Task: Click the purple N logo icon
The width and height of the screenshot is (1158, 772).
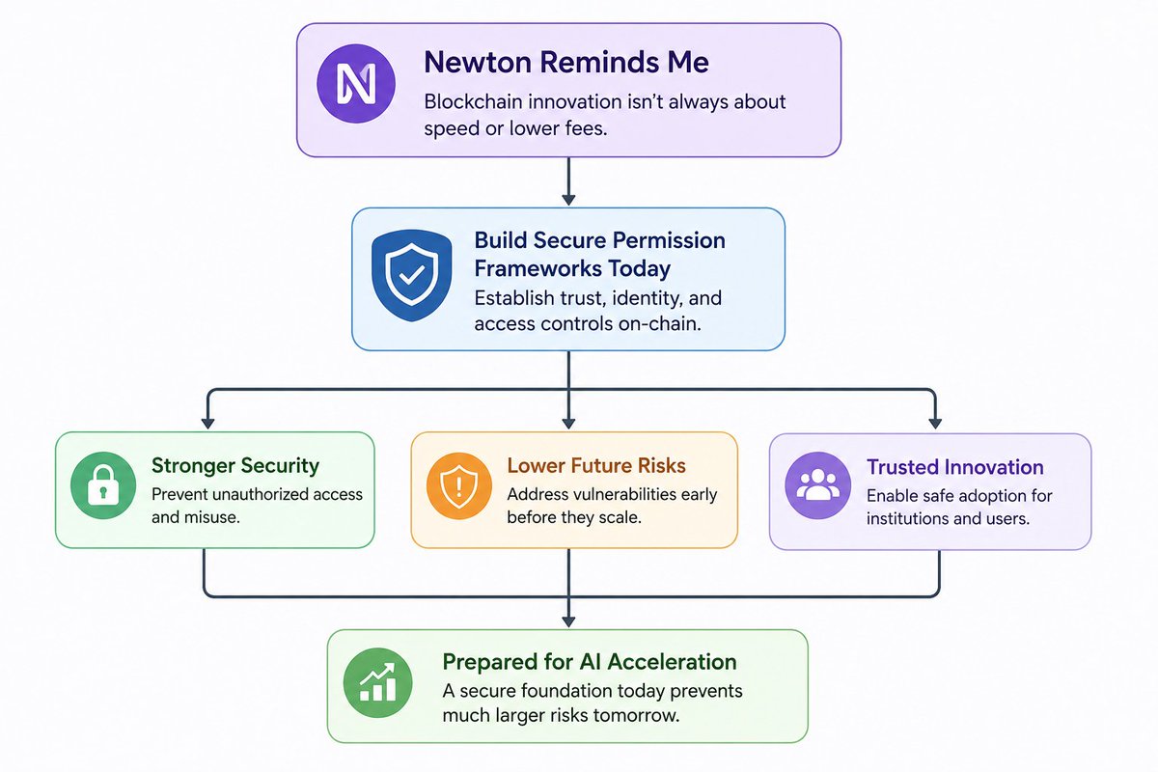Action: [x=356, y=83]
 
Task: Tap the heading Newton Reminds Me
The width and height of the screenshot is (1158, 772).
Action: [x=566, y=62]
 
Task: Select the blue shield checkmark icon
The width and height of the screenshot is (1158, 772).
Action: [x=411, y=275]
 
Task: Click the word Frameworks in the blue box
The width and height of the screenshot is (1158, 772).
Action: [x=538, y=268]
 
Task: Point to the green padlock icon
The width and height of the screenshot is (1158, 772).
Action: [x=103, y=485]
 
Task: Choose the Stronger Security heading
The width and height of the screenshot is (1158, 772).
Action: [x=235, y=465]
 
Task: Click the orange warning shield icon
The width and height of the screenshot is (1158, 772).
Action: [x=458, y=485]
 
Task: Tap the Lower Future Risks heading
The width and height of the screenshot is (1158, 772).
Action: [x=596, y=465]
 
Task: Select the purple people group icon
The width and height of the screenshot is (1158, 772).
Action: [x=818, y=485]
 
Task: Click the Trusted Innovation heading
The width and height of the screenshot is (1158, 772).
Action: [x=954, y=467]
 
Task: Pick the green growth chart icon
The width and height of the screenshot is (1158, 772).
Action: [x=377, y=682]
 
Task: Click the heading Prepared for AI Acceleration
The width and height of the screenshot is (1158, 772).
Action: [x=590, y=662]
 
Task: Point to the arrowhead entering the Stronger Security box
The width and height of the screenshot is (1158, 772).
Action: [x=207, y=424]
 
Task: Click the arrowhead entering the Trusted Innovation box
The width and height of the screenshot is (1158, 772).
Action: [x=935, y=424]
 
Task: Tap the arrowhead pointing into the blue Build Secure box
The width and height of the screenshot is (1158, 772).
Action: [x=568, y=200]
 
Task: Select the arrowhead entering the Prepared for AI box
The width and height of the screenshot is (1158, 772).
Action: [x=568, y=621]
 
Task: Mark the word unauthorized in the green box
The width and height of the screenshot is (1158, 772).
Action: [x=263, y=494]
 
